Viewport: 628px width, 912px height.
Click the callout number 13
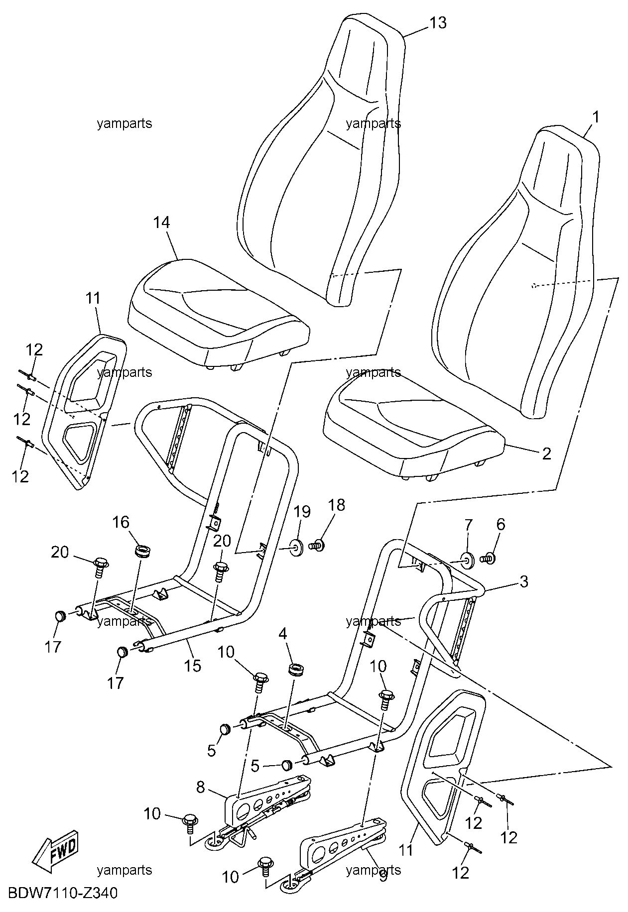click(x=438, y=23)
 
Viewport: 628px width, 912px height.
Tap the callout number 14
click(x=161, y=223)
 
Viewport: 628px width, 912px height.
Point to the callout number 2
click(x=547, y=453)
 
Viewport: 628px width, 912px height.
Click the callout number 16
click(x=121, y=522)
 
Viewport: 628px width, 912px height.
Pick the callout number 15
click(x=193, y=665)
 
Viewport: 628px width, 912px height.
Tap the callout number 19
click(x=302, y=512)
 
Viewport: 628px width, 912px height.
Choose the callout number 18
click(x=337, y=505)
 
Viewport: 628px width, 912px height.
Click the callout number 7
click(x=468, y=525)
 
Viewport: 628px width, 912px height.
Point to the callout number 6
click(x=501, y=524)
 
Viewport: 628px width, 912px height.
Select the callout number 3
click(x=523, y=581)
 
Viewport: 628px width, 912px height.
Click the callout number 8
click(x=200, y=787)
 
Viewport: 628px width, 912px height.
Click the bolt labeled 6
click(x=487, y=559)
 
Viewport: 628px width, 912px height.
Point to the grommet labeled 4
click(x=297, y=670)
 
